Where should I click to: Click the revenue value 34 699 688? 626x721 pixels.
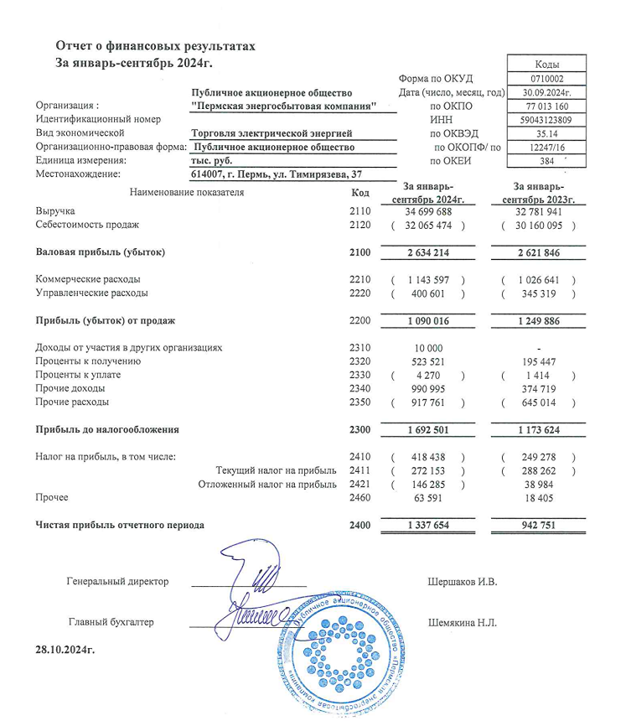tap(428, 211)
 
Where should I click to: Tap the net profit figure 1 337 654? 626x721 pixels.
tap(428, 525)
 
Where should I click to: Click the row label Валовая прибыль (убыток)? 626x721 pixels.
tap(101, 252)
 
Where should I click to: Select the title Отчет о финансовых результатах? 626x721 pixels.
tap(154, 45)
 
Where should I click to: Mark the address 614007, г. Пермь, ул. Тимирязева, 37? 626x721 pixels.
tap(277, 174)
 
